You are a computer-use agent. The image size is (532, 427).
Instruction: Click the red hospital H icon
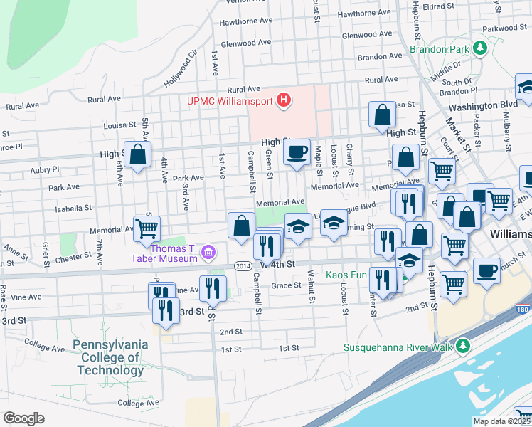point(284,100)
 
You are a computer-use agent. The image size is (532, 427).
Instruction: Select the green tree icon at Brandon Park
point(480,48)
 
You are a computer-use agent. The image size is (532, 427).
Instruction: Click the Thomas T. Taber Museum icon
point(208,251)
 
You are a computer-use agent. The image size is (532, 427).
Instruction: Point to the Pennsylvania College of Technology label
point(110,357)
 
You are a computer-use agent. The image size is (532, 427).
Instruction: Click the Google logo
point(23,418)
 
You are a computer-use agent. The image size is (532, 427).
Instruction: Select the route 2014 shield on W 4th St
point(243,265)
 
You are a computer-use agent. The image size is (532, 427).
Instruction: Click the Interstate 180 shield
point(524,311)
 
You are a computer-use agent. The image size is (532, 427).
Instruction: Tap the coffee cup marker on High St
point(297,152)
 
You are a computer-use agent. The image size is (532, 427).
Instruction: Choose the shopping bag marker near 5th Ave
point(137,154)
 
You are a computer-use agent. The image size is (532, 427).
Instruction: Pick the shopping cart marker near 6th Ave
point(147,229)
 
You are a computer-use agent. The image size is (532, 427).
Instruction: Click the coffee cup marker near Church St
point(486,271)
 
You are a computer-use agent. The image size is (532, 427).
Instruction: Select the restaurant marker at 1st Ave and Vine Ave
point(213,288)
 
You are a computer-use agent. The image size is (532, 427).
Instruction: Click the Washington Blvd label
point(483,105)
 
